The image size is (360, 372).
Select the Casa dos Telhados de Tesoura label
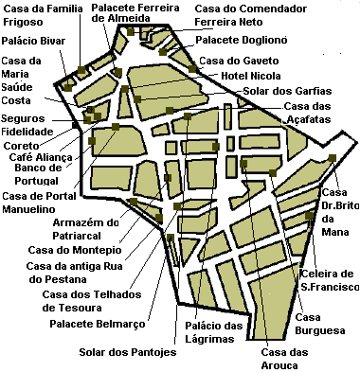pos(82,300)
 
